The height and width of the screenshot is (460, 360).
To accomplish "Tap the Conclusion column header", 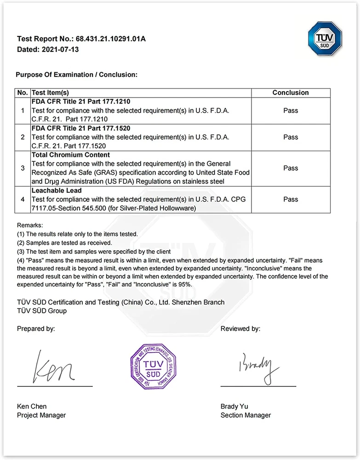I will click(x=291, y=92).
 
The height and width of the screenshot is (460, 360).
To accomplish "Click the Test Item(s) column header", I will click(x=50, y=92).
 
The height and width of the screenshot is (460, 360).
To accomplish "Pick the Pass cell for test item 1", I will click(x=291, y=110).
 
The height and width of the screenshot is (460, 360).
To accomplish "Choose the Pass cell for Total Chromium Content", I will click(x=291, y=168).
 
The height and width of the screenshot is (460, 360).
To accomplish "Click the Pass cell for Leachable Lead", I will click(x=291, y=199).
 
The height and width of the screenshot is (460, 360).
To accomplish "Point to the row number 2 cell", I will click(x=23, y=137).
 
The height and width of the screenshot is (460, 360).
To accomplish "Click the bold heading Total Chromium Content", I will click(x=70, y=155).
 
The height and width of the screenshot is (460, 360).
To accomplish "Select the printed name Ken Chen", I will click(x=32, y=407).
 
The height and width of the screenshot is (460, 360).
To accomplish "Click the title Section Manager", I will click(x=246, y=415).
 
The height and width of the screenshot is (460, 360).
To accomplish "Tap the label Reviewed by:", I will click(x=240, y=328).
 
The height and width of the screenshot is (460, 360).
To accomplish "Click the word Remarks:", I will click(x=30, y=225).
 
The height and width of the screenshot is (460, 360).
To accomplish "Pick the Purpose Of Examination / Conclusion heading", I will click(x=77, y=75).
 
